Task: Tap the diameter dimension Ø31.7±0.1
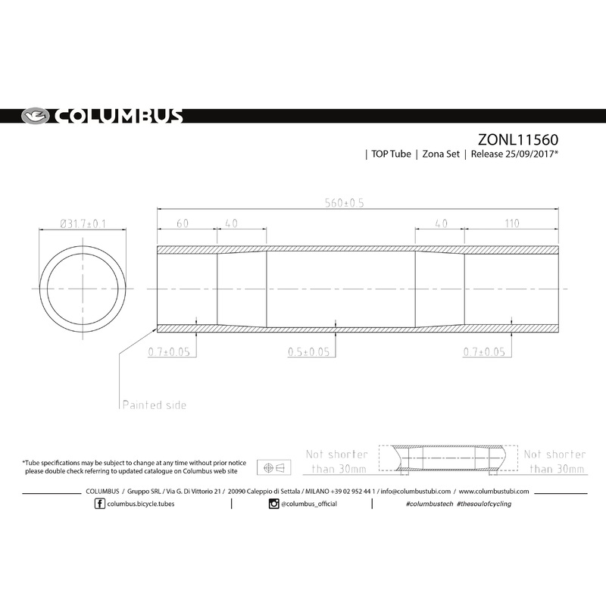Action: (x=82, y=223)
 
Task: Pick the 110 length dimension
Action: (x=512, y=223)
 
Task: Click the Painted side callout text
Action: (x=154, y=405)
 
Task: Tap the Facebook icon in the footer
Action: (x=100, y=504)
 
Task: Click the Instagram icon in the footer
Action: (x=273, y=504)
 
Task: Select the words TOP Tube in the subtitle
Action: (x=391, y=155)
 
